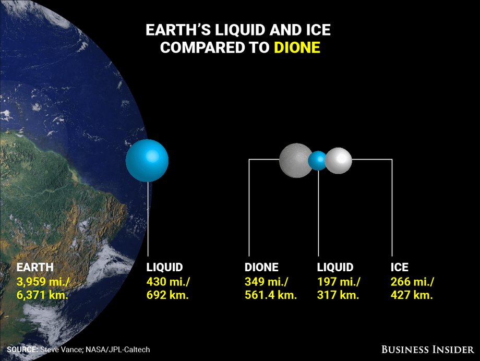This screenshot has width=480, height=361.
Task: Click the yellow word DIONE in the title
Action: (x=297, y=47)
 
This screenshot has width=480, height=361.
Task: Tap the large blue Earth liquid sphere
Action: (x=147, y=161)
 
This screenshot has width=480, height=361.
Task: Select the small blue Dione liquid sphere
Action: (x=318, y=161)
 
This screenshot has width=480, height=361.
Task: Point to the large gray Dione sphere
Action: (x=295, y=160)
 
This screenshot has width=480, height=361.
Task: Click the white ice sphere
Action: (x=338, y=161)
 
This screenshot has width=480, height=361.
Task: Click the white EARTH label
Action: (x=35, y=267)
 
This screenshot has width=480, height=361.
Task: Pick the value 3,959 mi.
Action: (x=43, y=282)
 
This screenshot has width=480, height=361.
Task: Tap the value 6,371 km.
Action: (x=42, y=295)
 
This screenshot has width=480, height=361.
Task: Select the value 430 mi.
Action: (x=168, y=282)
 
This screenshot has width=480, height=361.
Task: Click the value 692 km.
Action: (x=167, y=295)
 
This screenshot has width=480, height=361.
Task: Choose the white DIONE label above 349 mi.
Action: (x=261, y=267)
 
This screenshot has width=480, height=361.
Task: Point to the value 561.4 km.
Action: (x=271, y=295)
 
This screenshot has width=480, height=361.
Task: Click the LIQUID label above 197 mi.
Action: (x=335, y=267)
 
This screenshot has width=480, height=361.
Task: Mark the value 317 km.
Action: (x=338, y=295)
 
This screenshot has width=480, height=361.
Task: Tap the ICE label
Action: (x=400, y=267)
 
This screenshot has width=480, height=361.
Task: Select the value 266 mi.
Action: (x=412, y=282)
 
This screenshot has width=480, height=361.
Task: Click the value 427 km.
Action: (x=412, y=295)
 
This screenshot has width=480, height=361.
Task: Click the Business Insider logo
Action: (x=428, y=350)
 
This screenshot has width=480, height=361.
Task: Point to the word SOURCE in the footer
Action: (x=22, y=350)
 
